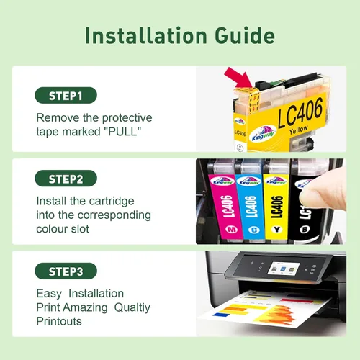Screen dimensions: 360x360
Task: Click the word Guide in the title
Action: coord(245,36)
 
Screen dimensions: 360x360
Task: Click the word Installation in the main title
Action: coord(146,35)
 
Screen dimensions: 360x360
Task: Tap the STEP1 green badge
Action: coord(66,95)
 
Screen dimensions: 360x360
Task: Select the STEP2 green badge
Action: coord(66,179)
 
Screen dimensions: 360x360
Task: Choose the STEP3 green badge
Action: coord(66,271)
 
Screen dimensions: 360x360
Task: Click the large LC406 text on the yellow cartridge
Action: coord(300,113)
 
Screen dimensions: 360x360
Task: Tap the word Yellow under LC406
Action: coord(299,130)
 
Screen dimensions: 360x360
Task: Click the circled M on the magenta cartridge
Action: coord(231,230)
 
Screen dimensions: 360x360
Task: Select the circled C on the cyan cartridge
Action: coord(253,230)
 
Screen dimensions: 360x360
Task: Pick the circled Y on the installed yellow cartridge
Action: coord(277,230)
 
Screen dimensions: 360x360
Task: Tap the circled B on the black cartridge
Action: coord(305,230)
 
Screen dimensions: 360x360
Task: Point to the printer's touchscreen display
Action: coord(284,269)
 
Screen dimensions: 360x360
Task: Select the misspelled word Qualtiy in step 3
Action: coord(132,308)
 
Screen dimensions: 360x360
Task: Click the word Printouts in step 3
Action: coord(59,321)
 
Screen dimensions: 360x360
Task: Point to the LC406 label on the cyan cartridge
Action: coord(251,207)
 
